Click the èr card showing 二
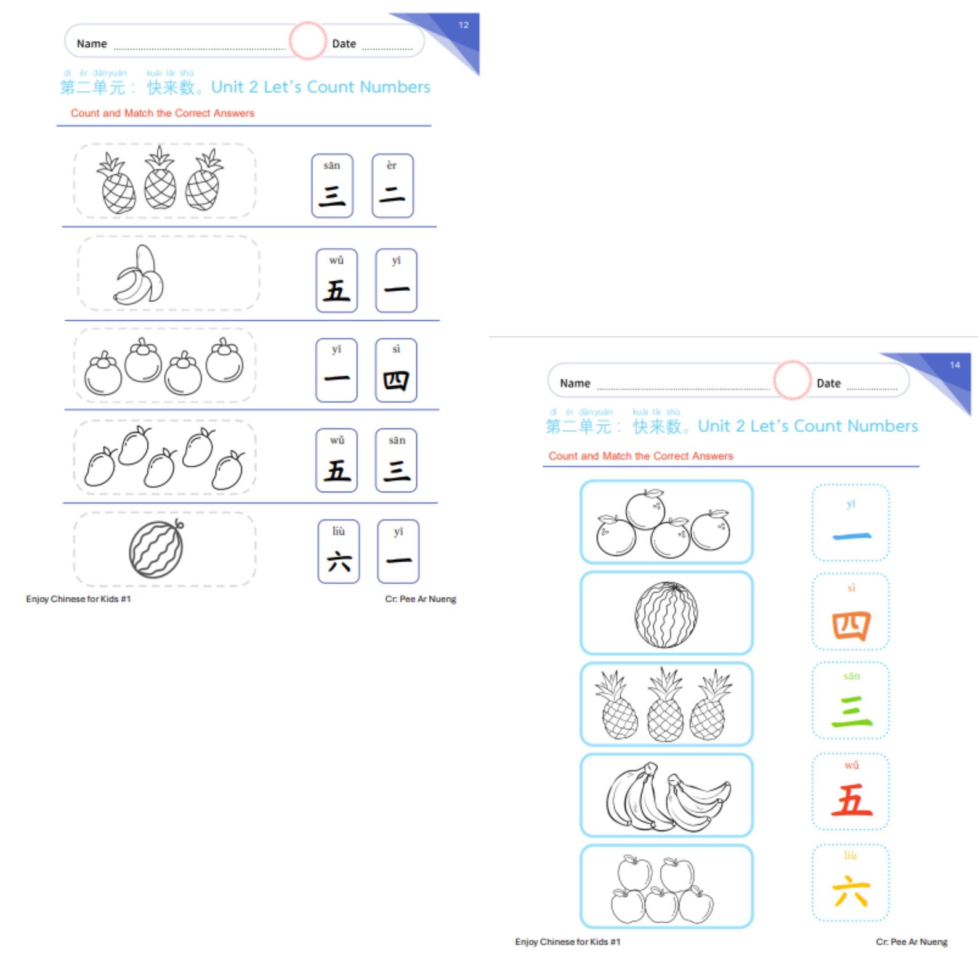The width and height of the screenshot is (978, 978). click(392, 185)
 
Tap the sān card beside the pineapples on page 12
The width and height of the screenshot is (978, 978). click(332, 185)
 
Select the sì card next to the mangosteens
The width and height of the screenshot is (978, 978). click(396, 370)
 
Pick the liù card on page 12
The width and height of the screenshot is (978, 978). click(338, 551)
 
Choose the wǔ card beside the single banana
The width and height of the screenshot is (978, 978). click(336, 280)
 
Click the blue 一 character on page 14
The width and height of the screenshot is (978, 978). click(851, 536)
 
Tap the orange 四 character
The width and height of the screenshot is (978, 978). click(851, 626)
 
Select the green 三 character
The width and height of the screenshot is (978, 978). click(851, 712)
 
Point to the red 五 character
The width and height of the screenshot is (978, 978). click(851, 801)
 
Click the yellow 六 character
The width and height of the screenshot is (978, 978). click(851, 892)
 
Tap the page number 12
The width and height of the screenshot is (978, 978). click(464, 25)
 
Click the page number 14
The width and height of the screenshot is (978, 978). click(955, 365)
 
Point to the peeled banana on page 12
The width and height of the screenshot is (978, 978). click(140, 275)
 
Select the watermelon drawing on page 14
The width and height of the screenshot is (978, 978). click(666, 615)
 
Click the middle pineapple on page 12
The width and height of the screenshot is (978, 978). click(160, 179)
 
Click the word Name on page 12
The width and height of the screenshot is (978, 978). click(92, 44)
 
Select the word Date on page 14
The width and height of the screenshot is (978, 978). click(828, 383)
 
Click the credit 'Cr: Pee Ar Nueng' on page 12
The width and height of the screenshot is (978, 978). click(421, 599)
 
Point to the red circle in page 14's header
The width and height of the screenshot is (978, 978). click(791, 380)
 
